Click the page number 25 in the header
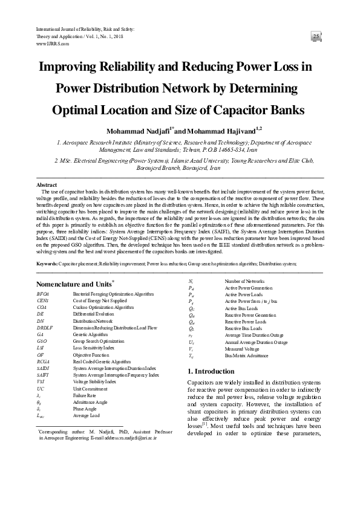[x=316, y=37]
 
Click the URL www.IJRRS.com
[x=52, y=44]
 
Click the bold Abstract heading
[x=47, y=184]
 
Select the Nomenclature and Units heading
[x=73, y=283]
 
